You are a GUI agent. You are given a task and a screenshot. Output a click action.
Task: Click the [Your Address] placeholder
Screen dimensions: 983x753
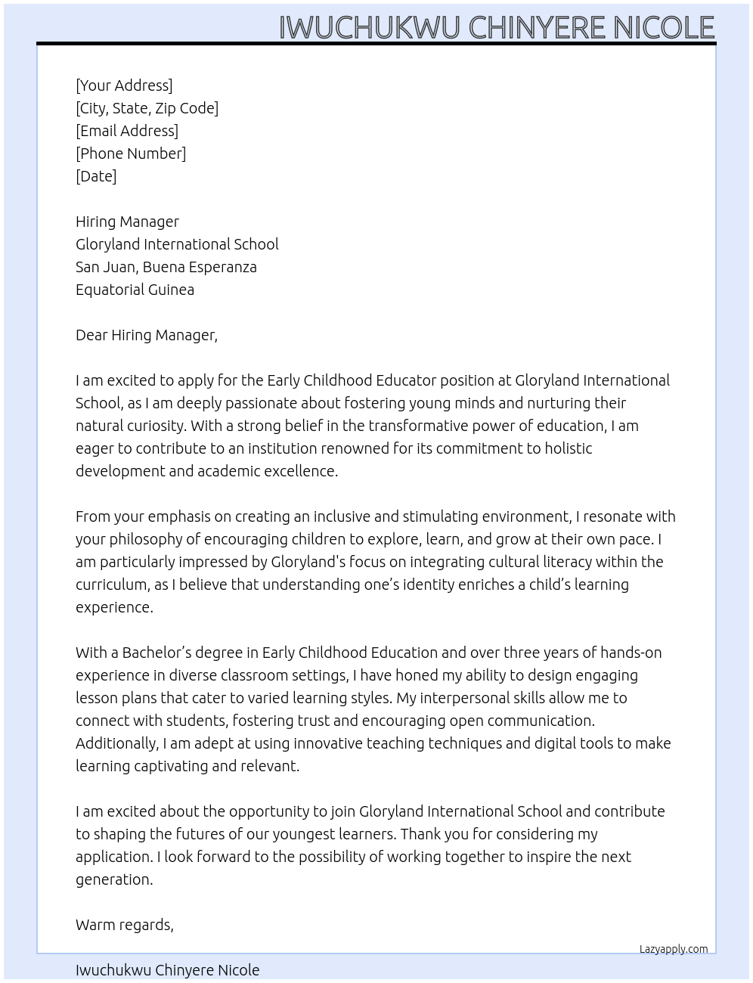(x=124, y=85)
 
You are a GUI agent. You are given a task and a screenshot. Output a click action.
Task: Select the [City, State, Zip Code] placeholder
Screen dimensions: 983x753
(x=147, y=108)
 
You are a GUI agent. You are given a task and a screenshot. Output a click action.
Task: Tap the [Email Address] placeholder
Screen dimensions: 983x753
(x=127, y=131)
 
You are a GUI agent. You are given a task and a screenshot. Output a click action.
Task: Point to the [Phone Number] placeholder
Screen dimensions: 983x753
(x=131, y=153)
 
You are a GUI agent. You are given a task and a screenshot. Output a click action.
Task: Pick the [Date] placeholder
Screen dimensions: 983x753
(x=96, y=176)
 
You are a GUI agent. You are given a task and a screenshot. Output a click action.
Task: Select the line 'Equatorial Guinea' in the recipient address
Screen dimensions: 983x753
(x=135, y=290)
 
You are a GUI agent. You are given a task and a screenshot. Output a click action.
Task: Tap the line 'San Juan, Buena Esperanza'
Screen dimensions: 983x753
(x=166, y=267)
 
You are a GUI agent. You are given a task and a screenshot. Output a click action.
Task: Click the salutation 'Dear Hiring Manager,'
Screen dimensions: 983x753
(x=147, y=335)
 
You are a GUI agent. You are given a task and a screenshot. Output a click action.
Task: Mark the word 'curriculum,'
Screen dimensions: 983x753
(x=111, y=585)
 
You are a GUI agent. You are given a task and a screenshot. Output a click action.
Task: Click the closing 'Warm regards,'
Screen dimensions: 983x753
(x=125, y=925)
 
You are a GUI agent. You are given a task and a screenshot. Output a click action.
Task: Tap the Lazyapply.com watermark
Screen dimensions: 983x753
(x=674, y=949)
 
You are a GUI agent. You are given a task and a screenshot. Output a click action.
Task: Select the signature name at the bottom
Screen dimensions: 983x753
(x=167, y=970)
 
